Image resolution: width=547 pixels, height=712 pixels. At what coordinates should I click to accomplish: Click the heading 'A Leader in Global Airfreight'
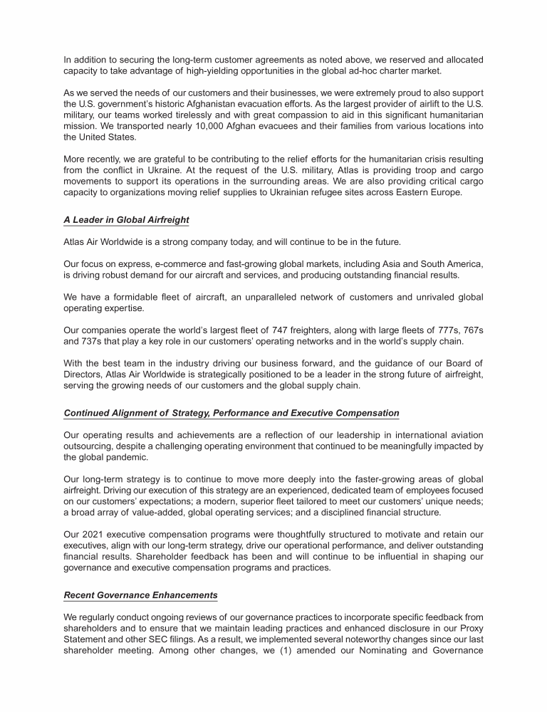coord(126,220)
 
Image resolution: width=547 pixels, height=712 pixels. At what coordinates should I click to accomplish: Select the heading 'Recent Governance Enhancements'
coord(140,595)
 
